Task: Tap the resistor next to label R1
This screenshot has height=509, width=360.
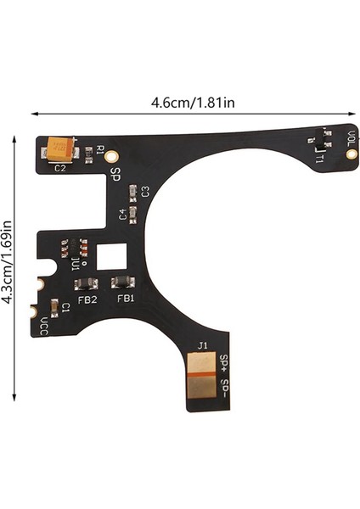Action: pyautogui.click(x=88, y=155)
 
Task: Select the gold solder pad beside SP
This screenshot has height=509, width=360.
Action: pyautogui.click(x=111, y=157)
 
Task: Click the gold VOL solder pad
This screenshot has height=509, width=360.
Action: pyautogui.click(x=351, y=154)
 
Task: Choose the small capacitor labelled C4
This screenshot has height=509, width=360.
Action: pyautogui.click(x=133, y=215)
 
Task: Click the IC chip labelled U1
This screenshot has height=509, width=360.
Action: pyautogui.click(x=75, y=249)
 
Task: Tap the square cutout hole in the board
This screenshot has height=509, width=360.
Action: pyautogui.click(x=111, y=256)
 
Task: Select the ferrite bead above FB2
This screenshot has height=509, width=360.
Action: pyautogui.click(x=86, y=284)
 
